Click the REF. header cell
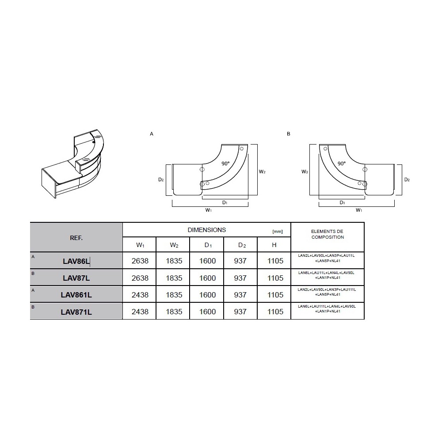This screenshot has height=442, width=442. pyautogui.click(x=76, y=238)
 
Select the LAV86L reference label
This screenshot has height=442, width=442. pyautogui.click(x=76, y=261)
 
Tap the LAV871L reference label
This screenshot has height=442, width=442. pyautogui.click(x=76, y=312)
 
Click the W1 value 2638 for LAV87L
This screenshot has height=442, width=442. pyautogui.click(x=140, y=278)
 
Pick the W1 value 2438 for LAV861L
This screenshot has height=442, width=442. pyautogui.click(x=140, y=295)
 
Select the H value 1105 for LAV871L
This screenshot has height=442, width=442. pyautogui.click(x=275, y=312)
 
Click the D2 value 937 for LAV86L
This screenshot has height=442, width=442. pyautogui.click(x=240, y=261)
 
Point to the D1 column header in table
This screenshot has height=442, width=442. pyautogui.click(x=208, y=245)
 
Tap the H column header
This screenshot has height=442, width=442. pyautogui.click(x=274, y=245)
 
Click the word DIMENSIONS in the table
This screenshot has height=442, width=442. pyautogui.click(x=206, y=230)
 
